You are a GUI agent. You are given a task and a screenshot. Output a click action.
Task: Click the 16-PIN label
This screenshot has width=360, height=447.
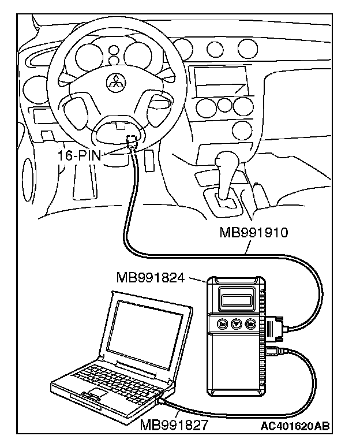coord(81,155)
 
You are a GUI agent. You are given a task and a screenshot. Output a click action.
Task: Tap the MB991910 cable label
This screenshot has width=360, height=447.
coord(254,233)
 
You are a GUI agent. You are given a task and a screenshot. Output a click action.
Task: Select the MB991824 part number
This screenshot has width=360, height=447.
coord(150,278)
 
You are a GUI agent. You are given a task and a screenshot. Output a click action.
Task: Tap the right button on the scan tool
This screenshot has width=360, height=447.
coord(250,324)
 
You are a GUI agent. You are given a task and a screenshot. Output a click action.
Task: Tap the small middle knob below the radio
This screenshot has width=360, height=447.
coord(222,107)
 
